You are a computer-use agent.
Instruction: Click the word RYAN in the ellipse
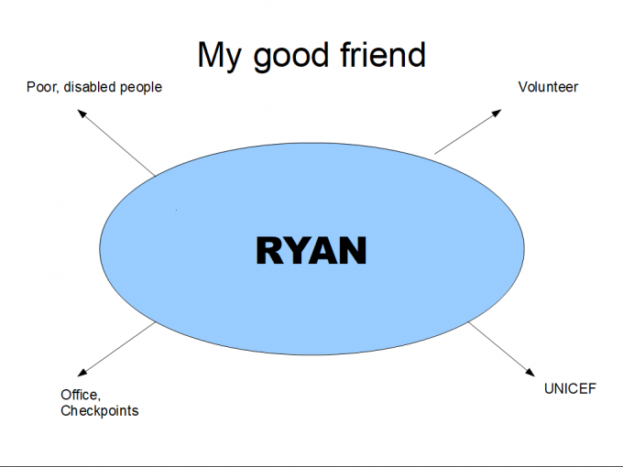(311, 250)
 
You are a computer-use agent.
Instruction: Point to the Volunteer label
(548, 88)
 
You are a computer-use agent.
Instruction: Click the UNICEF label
(570, 388)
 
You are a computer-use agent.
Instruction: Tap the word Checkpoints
(100, 411)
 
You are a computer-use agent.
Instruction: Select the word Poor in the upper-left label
(42, 88)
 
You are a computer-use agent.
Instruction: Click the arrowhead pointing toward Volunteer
(497, 113)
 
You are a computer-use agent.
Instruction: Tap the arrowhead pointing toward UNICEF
(530, 371)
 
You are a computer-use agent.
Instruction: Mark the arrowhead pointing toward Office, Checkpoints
(82, 372)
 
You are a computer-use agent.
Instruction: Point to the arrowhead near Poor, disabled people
(82, 113)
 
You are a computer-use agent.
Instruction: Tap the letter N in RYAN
(352, 250)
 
